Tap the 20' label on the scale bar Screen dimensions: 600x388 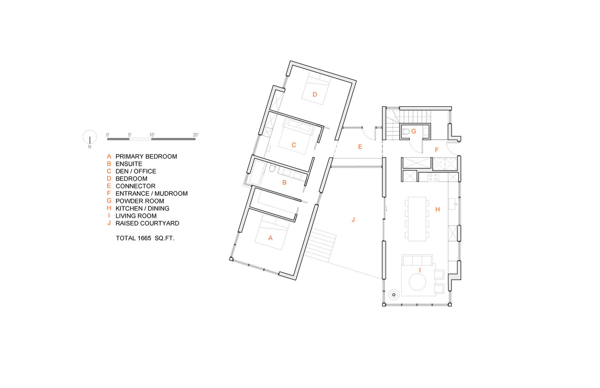coord(195,135)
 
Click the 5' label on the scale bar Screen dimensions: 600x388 coord(130,135)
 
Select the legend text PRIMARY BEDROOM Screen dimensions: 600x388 coord(146,156)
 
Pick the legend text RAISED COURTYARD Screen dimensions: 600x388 coord(147,223)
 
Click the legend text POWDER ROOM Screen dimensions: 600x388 coord(140,201)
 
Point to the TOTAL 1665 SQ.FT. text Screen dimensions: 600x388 coord(145,238)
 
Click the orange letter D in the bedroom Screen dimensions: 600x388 coord(315,94)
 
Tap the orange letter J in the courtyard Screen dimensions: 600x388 coord(353,220)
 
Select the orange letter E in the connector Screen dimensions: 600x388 coord(360,147)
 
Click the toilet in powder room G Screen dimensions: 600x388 coord(406,132)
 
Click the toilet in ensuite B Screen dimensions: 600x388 coord(272,168)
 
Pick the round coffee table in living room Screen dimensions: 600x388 coord(417,282)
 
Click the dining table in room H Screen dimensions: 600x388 coord(417,219)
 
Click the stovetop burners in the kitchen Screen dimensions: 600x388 coord(433,177)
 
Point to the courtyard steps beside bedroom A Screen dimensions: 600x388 coord(320,245)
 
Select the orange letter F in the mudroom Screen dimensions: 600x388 coord(437,150)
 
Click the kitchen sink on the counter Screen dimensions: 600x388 coord(452,204)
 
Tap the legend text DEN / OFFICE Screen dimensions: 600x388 coord(136,171)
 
